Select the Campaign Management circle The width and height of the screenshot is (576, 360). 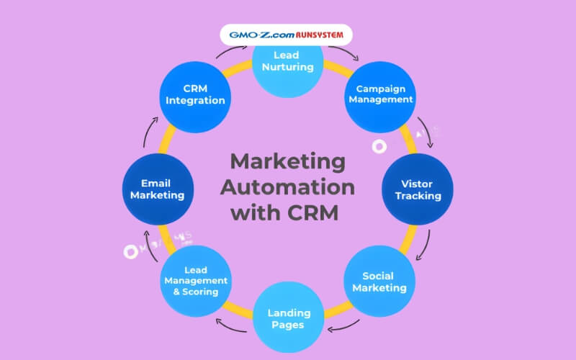point(380,94)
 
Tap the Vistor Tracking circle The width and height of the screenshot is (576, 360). point(417,189)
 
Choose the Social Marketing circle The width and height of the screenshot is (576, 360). point(379,282)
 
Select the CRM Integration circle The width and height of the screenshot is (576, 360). point(196,94)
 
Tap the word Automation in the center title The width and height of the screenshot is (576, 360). point(287,186)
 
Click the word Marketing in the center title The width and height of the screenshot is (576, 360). point(287,161)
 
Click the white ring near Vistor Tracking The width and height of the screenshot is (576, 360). point(379,146)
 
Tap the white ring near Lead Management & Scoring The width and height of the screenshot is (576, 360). point(130,251)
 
